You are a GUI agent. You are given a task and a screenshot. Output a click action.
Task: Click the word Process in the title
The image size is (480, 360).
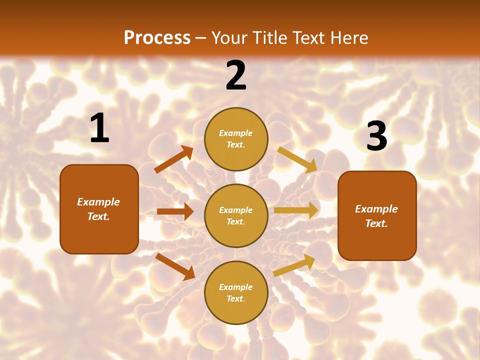click(x=157, y=38)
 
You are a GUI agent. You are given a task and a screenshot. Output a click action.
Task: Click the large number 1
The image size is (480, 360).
click(x=99, y=128)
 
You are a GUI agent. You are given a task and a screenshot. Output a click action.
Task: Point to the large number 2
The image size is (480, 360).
click(x=236, y=76)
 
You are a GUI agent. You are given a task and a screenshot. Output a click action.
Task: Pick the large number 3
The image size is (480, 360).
click(x=376, y=136)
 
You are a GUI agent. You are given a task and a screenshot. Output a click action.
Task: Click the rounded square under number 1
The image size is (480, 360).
click(x=99, y=209)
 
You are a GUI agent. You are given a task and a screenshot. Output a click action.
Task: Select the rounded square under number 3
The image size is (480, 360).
click(x=377, y=215)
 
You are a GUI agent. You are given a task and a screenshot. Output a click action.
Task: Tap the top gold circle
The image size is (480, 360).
click(x=236, y=139)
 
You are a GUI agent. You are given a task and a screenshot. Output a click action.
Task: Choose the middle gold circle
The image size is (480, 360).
click(x=236, y=215)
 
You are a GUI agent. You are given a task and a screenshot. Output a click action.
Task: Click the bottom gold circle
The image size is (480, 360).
click(x=236, y=292)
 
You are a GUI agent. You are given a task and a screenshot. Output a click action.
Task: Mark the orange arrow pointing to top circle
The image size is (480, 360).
click(x=174, y=159)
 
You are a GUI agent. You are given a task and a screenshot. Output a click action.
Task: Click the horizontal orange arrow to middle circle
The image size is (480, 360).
click(x=175, y=211)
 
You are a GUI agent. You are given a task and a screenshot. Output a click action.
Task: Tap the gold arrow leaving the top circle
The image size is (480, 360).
click(x=297, y=159)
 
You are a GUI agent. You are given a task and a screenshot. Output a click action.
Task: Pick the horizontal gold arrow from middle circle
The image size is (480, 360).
click(x=296, y=210)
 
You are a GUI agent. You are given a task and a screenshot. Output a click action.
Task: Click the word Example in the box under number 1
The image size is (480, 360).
click(x=98, y=202)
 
